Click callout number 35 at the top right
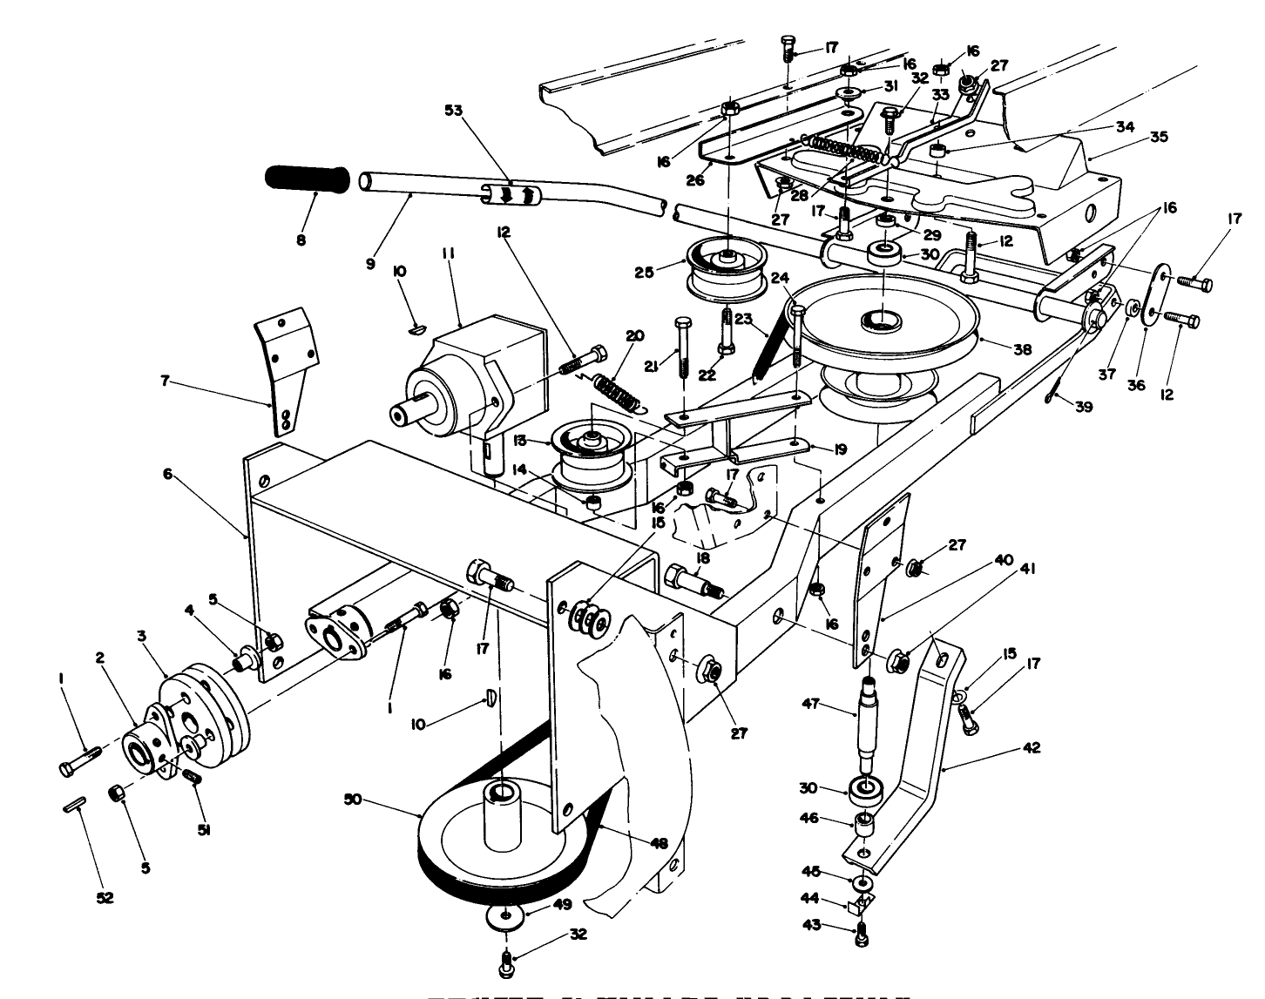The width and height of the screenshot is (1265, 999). click(x=1158, y=137)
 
